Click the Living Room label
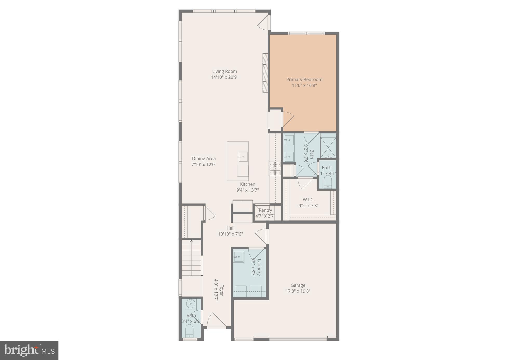224,71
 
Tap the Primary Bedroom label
304,80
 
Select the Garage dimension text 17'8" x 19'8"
298,291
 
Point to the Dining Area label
204,159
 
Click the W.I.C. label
308,200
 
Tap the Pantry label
265,210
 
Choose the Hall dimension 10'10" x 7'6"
230,234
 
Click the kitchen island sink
243,157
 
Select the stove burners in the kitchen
275,168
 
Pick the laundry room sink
238,257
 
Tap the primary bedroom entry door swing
288,118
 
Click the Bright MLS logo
29,350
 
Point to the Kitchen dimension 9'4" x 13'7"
247,190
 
